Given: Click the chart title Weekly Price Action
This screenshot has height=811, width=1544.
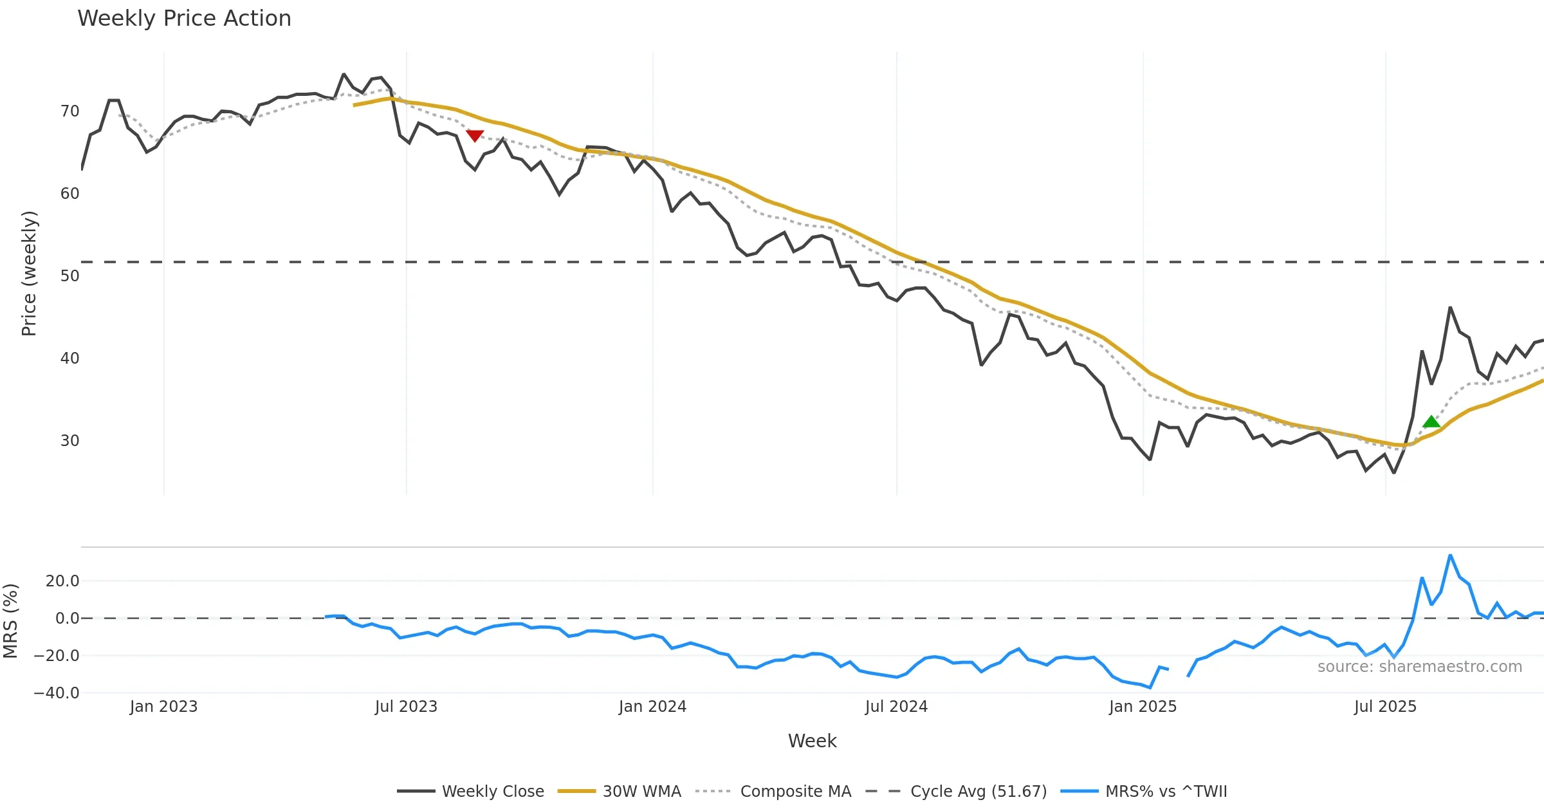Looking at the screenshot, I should pos(184,19).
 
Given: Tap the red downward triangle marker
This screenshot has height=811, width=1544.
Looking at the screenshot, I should pos(475,135).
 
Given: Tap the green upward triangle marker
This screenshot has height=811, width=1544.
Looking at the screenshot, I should pos(1431,422).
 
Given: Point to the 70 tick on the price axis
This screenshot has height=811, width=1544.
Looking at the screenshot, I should pos(69,111).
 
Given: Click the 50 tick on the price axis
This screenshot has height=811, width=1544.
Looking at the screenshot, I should pos(69,276).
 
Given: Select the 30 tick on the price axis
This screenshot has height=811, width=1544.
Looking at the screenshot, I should pos(69,441).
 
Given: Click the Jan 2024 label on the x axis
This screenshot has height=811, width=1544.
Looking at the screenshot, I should pos(652,707).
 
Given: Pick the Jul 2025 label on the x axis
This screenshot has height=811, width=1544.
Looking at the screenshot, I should pos(1385,707).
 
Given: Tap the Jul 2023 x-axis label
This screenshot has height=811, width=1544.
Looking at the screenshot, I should pos(406,707).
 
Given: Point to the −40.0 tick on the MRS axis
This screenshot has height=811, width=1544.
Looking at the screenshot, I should pos(57,693).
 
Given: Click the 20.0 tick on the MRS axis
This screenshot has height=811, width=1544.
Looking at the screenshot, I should pos(62,581).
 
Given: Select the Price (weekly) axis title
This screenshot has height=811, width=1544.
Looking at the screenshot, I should pos(29,274).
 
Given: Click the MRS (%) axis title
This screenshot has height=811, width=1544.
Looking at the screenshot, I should pos(10,620).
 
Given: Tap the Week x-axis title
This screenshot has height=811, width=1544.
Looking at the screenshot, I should pos(812,741).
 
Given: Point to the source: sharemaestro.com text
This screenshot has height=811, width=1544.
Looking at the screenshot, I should pos(1419,667).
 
